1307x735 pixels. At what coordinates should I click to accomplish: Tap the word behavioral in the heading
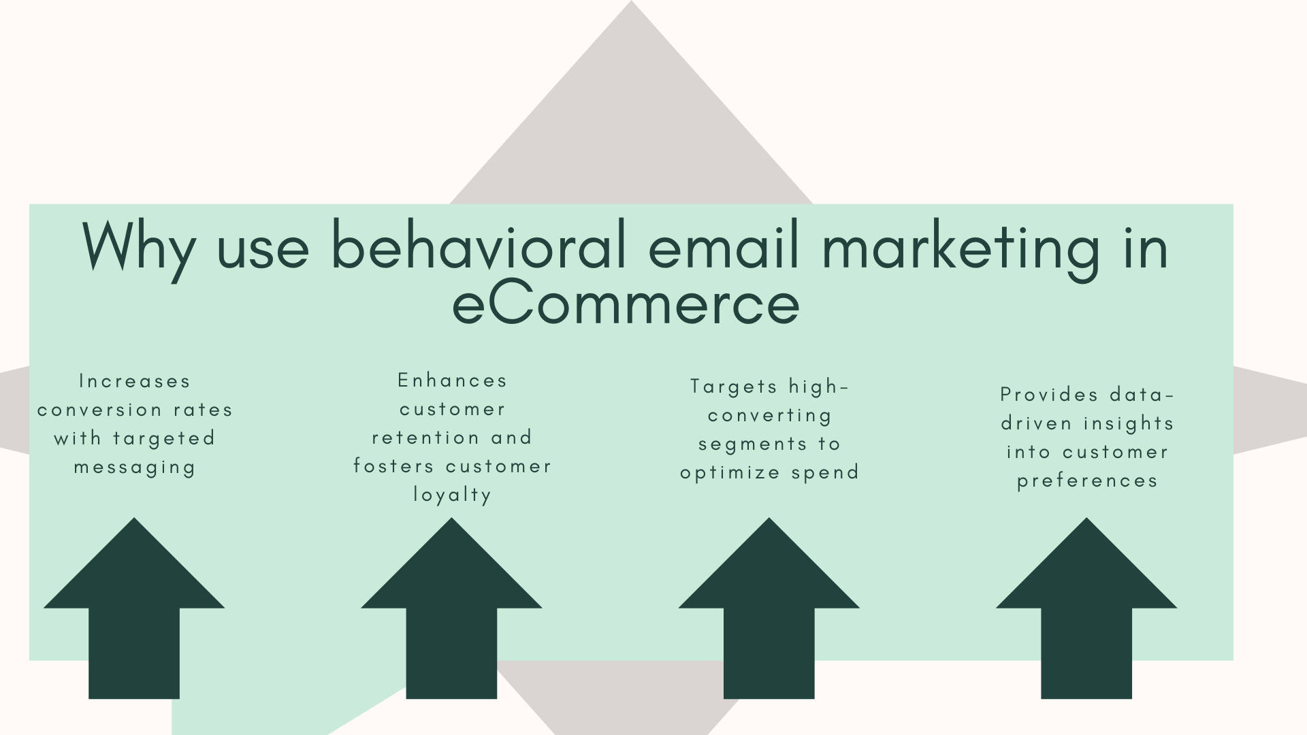478,245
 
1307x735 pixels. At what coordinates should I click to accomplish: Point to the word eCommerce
626,304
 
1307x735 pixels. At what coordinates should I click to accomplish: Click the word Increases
135,381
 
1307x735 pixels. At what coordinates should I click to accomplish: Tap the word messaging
135,468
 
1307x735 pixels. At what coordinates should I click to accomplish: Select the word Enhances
453,380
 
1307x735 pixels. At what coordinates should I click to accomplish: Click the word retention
425,438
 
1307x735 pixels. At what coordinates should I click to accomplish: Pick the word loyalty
453,495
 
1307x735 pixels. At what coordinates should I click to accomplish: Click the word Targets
734,387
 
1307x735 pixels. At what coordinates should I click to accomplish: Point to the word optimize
730,473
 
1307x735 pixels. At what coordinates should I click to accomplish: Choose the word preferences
1087,481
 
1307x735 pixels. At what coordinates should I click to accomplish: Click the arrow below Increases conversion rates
134,608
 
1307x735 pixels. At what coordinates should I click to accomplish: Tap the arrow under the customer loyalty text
451,608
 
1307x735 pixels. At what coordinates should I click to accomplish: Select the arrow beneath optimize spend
769,608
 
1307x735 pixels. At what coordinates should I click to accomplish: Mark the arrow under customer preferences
1086,608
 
